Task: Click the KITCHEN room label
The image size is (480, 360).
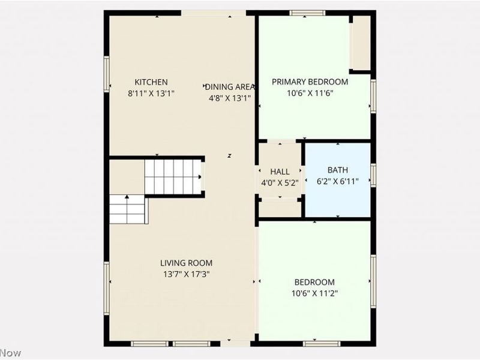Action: pos(151,82)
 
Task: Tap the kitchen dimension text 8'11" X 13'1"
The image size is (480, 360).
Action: pos(151,94)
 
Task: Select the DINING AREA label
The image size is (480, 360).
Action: pos(230,86)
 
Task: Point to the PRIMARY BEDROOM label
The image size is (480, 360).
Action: pos(310,82)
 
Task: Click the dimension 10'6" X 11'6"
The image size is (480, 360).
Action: pos(310,94)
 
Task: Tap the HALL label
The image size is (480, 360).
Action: pos(280,172)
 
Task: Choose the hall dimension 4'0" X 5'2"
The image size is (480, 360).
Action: pos(280,182)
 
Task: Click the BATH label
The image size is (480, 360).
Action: pos(337,170)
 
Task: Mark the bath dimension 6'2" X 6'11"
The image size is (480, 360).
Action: pos(337,182)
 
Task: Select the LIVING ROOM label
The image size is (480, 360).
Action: pos(186,263)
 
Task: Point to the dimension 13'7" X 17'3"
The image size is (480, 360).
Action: pos(186,274)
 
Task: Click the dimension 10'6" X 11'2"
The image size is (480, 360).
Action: pos(314,293)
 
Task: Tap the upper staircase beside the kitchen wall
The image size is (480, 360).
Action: pos(172,176)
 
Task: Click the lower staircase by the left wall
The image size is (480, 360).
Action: pos(128,209)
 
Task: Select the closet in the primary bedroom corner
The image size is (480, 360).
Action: pos(361,43)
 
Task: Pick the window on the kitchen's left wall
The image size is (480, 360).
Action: pos(107,74)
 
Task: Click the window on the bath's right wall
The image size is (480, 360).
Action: pos(373,175)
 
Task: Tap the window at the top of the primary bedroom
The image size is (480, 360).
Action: pos(307,13)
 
